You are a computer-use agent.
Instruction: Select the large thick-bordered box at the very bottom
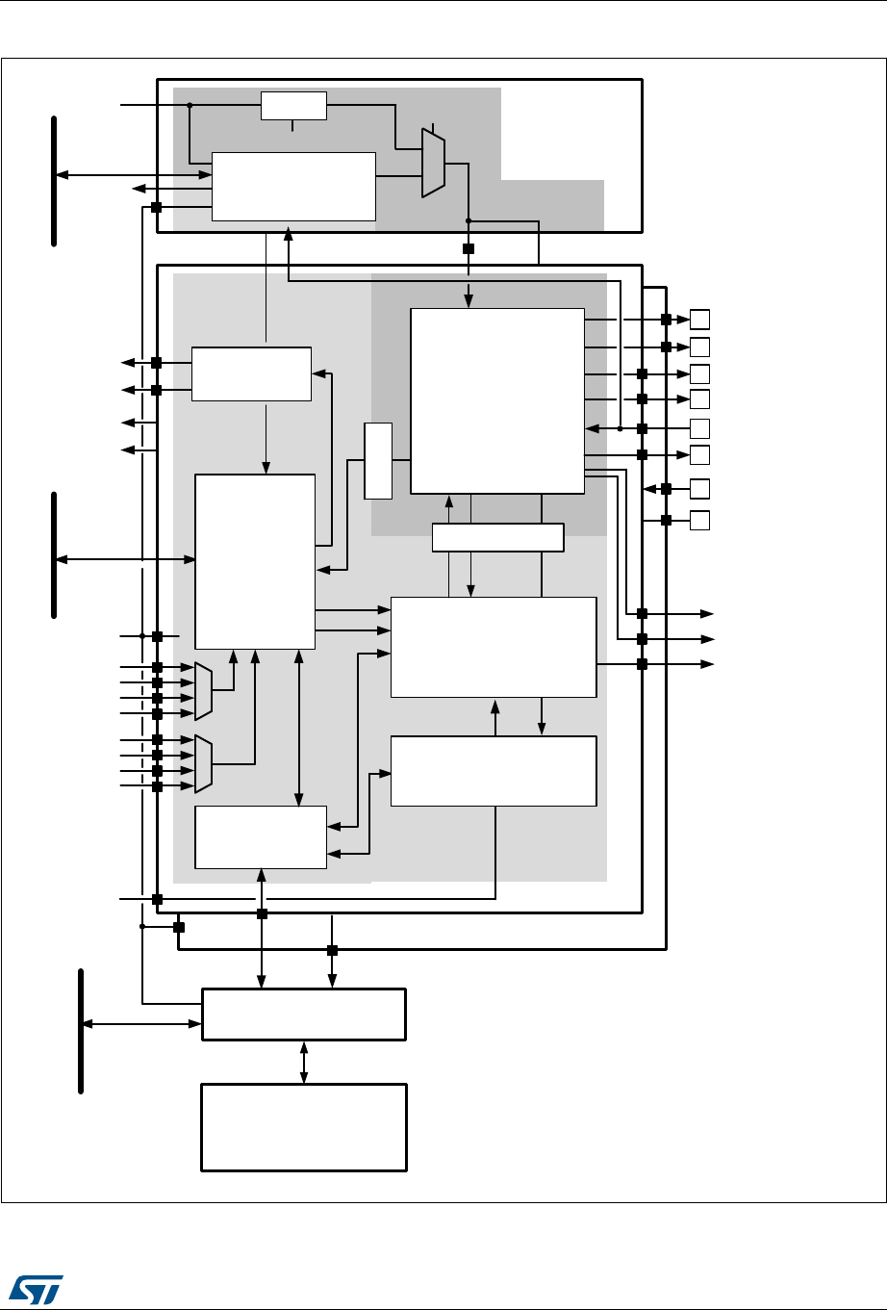[x=303, y=1126]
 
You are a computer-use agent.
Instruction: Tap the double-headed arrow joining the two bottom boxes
[x=304, y=1062]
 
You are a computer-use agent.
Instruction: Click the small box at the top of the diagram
[x=293, y=106]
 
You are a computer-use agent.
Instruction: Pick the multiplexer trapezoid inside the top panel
[x=433, y=164]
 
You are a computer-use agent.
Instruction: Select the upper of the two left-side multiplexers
[x=203, y=690]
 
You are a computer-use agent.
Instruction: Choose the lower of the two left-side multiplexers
[x=203, y=763]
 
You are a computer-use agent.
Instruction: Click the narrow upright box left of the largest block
[x=378, y=460]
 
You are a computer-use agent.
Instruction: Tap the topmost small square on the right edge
[x=700, y=319]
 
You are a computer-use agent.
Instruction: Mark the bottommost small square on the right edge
[x=700, y=521]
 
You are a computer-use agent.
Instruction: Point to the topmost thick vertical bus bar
[x=54, y=180]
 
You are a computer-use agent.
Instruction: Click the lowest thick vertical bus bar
[x=81, y=1031]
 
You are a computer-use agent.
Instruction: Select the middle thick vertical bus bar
[x=54, y=554]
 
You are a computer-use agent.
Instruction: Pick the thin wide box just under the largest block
[x=497, y=538]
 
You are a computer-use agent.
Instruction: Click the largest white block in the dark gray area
[x=497, y=400]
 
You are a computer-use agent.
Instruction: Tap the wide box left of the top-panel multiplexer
[x=293, y=186]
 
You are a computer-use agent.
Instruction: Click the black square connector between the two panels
[x=469, y=248]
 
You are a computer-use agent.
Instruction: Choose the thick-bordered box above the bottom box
[x=303, y=1014]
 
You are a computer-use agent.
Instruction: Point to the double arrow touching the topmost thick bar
[x=134, y=175]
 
